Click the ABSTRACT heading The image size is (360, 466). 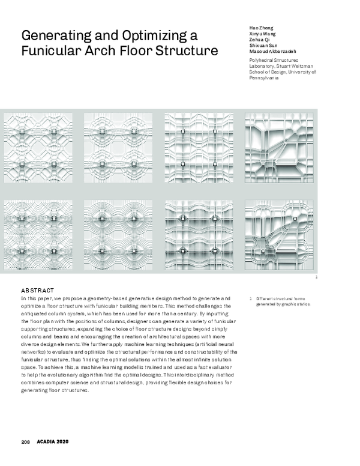pos(38,289)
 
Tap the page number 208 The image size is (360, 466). pos(26,441)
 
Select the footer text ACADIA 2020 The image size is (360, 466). pos(53,441)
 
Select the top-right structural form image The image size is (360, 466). pos(279,149)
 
